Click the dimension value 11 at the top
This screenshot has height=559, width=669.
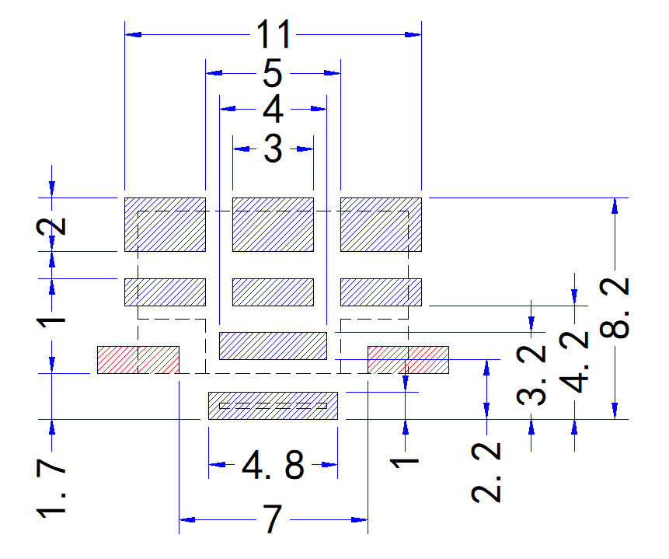coord(274,34)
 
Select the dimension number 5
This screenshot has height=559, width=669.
coord(273,73)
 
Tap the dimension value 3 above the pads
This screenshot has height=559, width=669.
coord(273,148)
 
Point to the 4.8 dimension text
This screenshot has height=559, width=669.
coord(273,464)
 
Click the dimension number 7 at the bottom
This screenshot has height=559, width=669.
coord(273,519)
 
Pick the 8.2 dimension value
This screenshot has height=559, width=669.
coord(615,307)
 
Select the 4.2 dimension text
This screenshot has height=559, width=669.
coord(574,362)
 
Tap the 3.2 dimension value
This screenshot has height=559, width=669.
coord(531,375)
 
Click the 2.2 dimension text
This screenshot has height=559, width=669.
coord(486,472)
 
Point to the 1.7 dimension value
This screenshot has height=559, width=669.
coord(51,488)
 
